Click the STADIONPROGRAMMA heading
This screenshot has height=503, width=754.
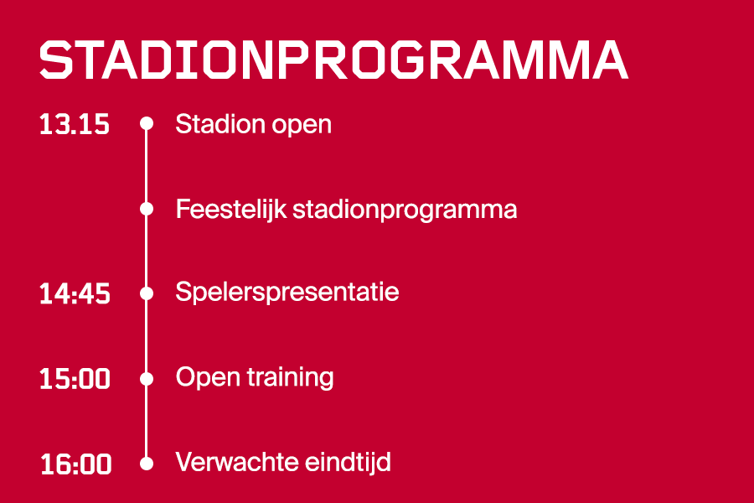333,60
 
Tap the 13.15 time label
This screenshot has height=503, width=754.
75,125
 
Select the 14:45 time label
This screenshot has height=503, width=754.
75,294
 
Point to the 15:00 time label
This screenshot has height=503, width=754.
75,379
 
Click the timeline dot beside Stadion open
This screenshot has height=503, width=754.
147,124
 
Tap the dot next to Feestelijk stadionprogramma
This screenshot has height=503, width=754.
147,209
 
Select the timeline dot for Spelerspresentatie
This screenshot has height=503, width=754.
147,293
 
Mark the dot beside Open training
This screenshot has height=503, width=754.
147,378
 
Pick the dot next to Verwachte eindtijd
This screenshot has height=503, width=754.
147,463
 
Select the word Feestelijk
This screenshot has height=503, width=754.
230,209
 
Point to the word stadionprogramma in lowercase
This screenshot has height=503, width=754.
405,210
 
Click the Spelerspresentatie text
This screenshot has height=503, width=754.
287,293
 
